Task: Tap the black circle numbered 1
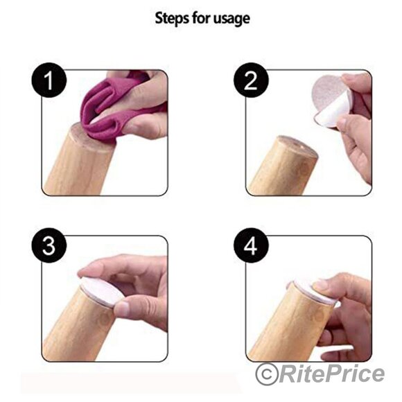(x=49, y=80)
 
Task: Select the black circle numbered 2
(x=251, y=80)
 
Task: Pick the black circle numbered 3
(x=49, y=245)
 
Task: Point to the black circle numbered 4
(x=251, y=245)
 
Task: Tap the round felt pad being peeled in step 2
(x=332, y=101)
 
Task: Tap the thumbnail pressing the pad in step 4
(x=321, y=284)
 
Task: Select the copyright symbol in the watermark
(x=267, y=374)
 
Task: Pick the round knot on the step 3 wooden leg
(x=105, y=320)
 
